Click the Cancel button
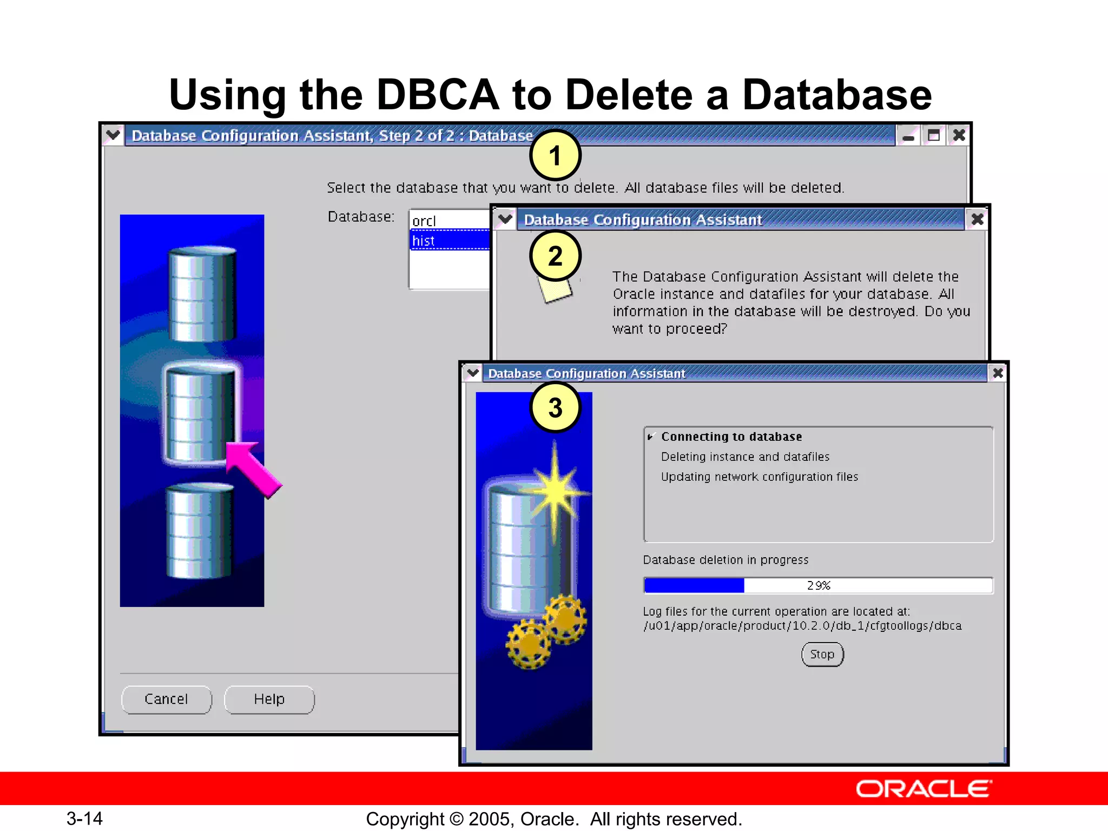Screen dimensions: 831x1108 [166, 700]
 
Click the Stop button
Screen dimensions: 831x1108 [822, 655]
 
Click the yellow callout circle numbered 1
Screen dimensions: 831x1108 [555, 156]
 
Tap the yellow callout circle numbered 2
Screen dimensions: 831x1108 [555, 256]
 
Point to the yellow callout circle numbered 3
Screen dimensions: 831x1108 [555, 407]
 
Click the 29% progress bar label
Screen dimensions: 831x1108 [818, 586]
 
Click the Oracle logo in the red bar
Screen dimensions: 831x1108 [924, 789]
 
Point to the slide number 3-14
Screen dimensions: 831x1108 [84, 819]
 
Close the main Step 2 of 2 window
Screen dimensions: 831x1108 [959, 135]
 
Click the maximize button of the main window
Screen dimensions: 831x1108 [933, 135]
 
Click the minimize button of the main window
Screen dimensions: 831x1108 [908, 135]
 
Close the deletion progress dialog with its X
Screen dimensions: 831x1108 [998, 373]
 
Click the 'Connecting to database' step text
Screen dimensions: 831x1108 [731, 437]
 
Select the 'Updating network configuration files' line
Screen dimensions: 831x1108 [759, 477]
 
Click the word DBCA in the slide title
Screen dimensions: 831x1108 [437, 95]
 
